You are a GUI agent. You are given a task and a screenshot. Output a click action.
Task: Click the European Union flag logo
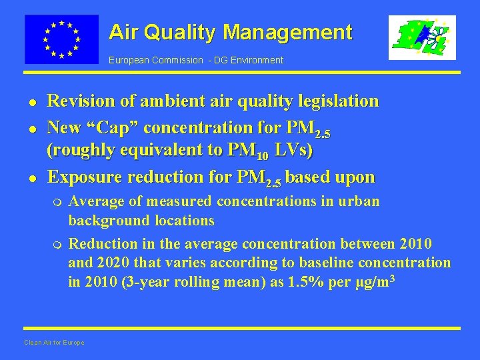coord(61,39)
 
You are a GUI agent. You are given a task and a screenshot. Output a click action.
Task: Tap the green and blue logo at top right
coord(422,38)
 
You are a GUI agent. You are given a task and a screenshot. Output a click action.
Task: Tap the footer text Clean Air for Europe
coord(54,343)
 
